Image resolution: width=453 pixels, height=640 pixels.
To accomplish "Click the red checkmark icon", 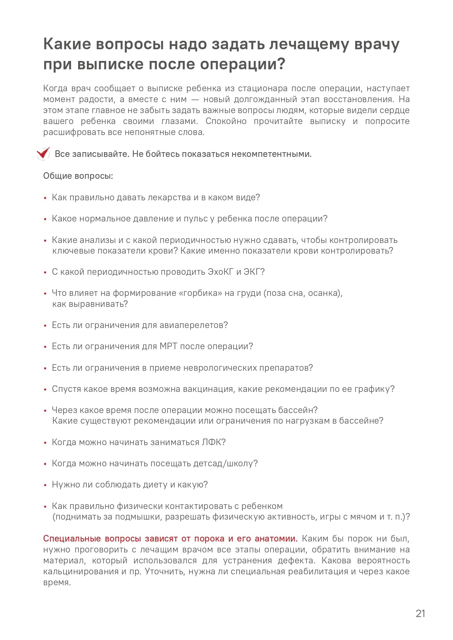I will coord(43,154).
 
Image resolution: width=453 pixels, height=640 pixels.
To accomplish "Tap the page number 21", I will coord(421,613).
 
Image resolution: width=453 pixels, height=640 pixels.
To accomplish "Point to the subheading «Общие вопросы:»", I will coord(78,176).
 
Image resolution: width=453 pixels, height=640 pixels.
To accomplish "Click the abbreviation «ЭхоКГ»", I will coord(220,272).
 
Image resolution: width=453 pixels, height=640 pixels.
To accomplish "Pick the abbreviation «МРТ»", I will coord(168,346).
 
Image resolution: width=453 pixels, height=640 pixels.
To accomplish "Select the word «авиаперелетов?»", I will coord(193,325).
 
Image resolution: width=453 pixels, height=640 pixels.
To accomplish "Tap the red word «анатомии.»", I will coord(276,539).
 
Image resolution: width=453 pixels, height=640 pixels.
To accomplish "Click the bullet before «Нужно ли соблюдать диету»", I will coord(45,485).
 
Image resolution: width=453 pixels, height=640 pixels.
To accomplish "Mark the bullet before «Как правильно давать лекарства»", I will coord(45,198).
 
